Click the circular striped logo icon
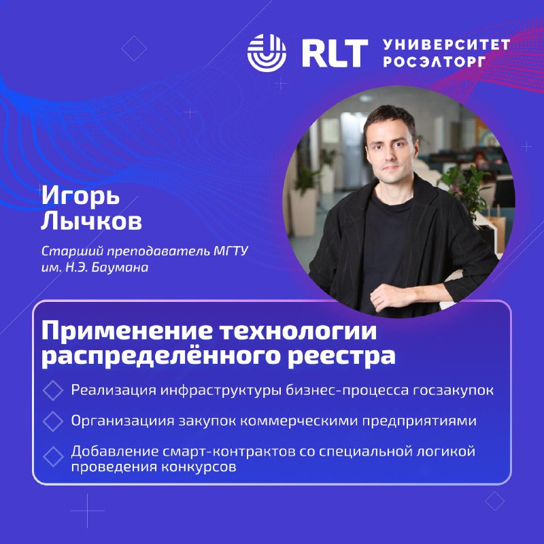[x=267, y=53]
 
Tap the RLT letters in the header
[x=335, y=53]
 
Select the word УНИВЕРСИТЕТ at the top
[x=447, y=44]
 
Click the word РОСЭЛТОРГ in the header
[x=435, y=61]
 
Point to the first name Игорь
[x=80, y=196]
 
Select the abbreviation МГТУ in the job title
[x=231, y=251]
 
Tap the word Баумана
[x=120, y=267]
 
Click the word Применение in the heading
[x=126, y=331]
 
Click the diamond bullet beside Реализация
[x=53, y=390]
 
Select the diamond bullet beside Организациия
[x=53, y=421]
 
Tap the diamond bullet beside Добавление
[x=53, y=456]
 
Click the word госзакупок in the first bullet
[x=453, y=390]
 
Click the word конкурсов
[x=198, y=467]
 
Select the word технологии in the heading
[x=299, y=331]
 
